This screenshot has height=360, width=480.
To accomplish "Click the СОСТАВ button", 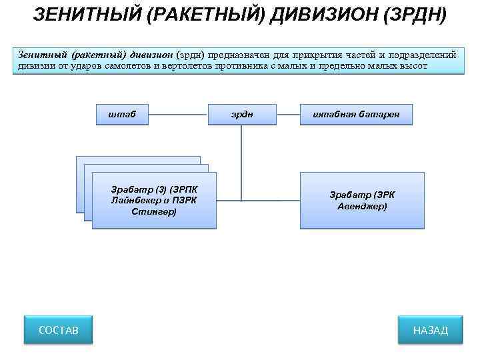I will pos(58,330).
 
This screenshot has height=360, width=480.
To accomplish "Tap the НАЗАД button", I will pos(430,330).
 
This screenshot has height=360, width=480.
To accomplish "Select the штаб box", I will pos(122,115).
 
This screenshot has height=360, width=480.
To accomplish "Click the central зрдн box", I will pos(242,115).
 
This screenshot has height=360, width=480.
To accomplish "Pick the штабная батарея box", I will pos(356,115).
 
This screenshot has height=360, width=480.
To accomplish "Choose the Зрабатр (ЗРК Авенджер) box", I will pos(362,201).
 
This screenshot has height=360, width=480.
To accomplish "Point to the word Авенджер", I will pos(362,207).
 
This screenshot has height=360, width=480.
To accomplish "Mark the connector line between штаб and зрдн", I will pos(178,115).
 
